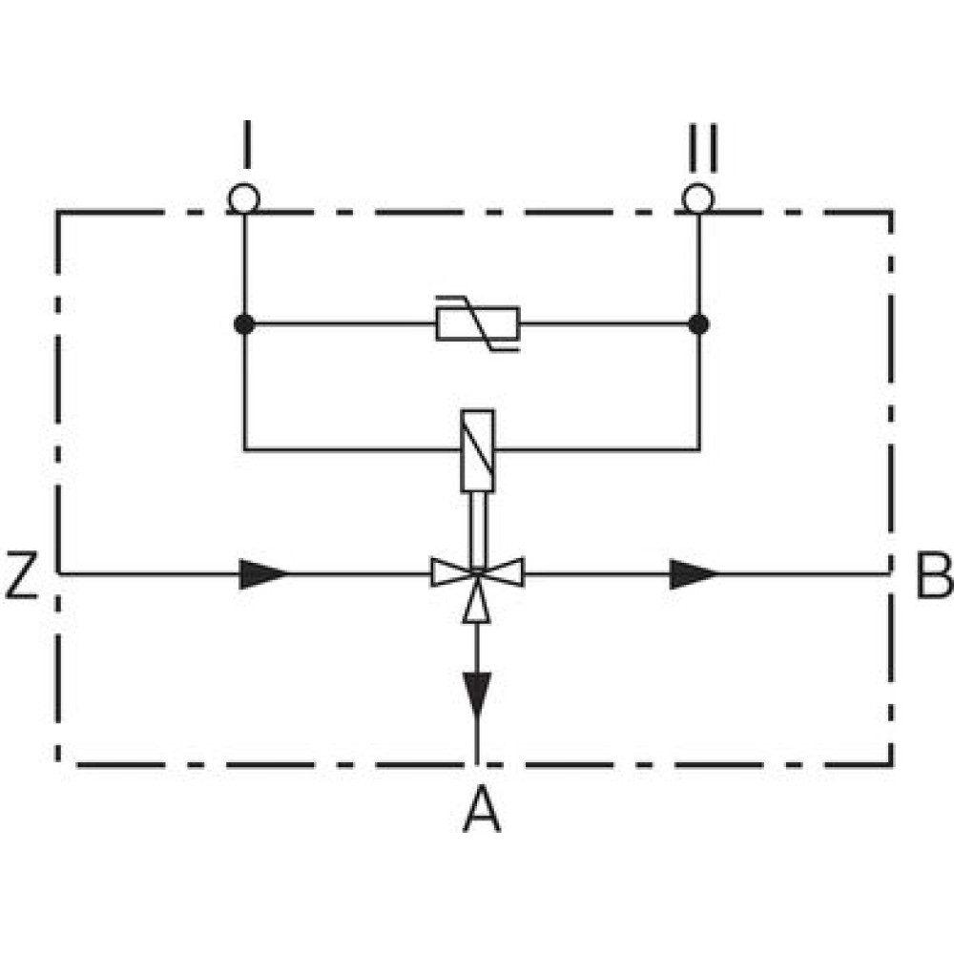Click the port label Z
click(21, 575)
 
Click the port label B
click(934, 575)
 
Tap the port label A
click(481, 809)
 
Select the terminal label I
click(246, 144)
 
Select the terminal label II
click(703, 148)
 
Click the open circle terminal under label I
click(244, 198)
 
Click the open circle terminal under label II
click(698, 198)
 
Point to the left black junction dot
click(244, 324)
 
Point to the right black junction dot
click(698, 324)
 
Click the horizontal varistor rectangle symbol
click(478, 323)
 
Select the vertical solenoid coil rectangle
click(478, 450)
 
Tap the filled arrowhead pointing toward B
click(694, 573)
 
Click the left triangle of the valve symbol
click(453, 572)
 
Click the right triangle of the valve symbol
click(501, 572)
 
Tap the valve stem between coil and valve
click(478, 529)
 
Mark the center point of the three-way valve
click(477, 572)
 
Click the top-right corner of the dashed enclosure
click(891, 213)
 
